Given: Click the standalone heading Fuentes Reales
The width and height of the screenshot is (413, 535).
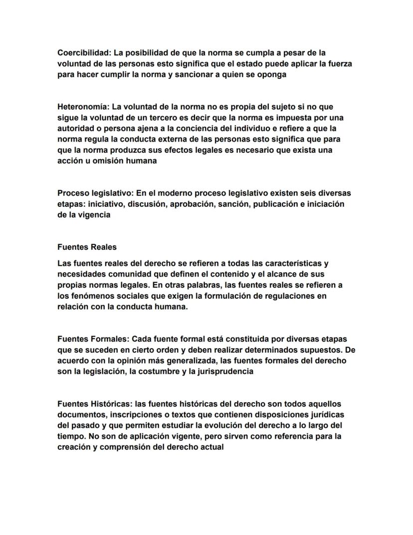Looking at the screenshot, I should (x=87, y=247).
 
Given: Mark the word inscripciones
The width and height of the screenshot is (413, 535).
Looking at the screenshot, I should (x=130, y=415).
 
